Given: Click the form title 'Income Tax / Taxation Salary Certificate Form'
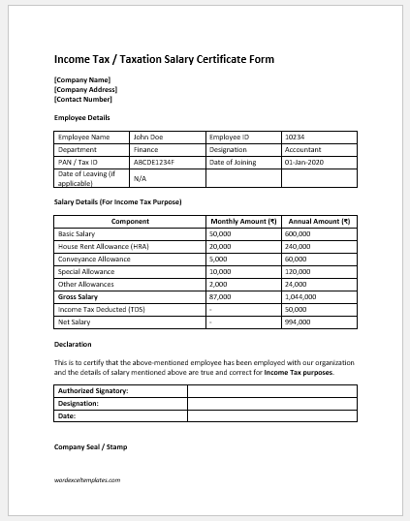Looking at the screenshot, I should [164, 59].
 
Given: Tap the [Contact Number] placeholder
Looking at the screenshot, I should [83, 99].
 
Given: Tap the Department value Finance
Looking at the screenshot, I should [145, 150].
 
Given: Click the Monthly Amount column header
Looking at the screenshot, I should [243, 221].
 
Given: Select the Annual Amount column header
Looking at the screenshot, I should [318, 221].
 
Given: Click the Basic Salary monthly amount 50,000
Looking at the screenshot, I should [221, 234].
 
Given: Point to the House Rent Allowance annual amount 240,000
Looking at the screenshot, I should [298, 247].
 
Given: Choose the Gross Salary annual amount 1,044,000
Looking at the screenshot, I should [300, 297].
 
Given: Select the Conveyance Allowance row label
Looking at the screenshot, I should [97, 260].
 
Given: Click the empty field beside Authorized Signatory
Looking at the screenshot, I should [271, 390].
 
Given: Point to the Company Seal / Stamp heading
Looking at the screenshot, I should [90, 446].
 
